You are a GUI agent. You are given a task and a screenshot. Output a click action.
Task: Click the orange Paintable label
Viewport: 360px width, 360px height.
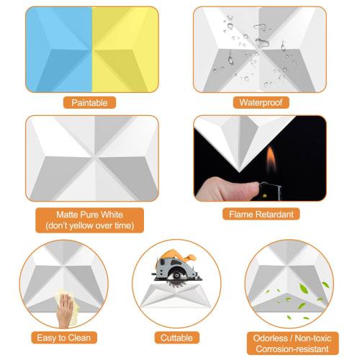point(90,103)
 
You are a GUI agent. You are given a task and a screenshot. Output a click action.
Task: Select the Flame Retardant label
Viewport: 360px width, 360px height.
point(260,214)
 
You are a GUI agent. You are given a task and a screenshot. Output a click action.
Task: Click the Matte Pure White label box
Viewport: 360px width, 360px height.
point(91,220)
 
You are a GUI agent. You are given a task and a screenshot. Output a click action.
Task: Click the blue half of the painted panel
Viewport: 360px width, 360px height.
point(59,49)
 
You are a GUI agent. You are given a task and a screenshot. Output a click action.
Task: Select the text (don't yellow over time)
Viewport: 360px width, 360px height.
point(91,226)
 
